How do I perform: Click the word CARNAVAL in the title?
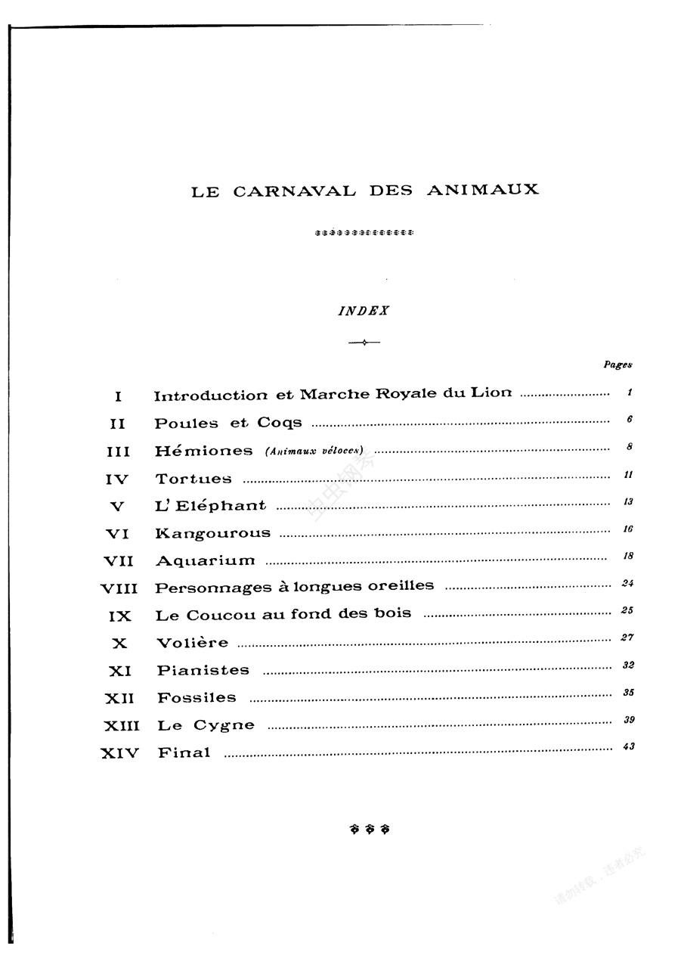coord(294,191)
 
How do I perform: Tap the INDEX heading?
coord(364,311)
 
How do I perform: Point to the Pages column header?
coord(617,365)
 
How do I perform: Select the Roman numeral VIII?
coord(119,588)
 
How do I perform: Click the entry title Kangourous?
coord(212,533)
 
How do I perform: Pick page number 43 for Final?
coord(628,746)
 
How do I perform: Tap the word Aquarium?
coord(205,561)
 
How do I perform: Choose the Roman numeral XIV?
coord(119,753)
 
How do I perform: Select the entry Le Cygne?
coord(206,725)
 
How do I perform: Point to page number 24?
coord(627,583)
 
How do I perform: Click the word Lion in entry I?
coord(491,393)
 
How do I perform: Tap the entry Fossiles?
coord(197,698)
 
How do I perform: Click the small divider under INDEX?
coord(364,343)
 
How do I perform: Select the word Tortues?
coord(193,479)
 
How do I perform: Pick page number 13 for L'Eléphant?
coord(627,501)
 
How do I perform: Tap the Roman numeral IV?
coord(118,479)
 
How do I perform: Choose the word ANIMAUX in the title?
coord(483,190)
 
